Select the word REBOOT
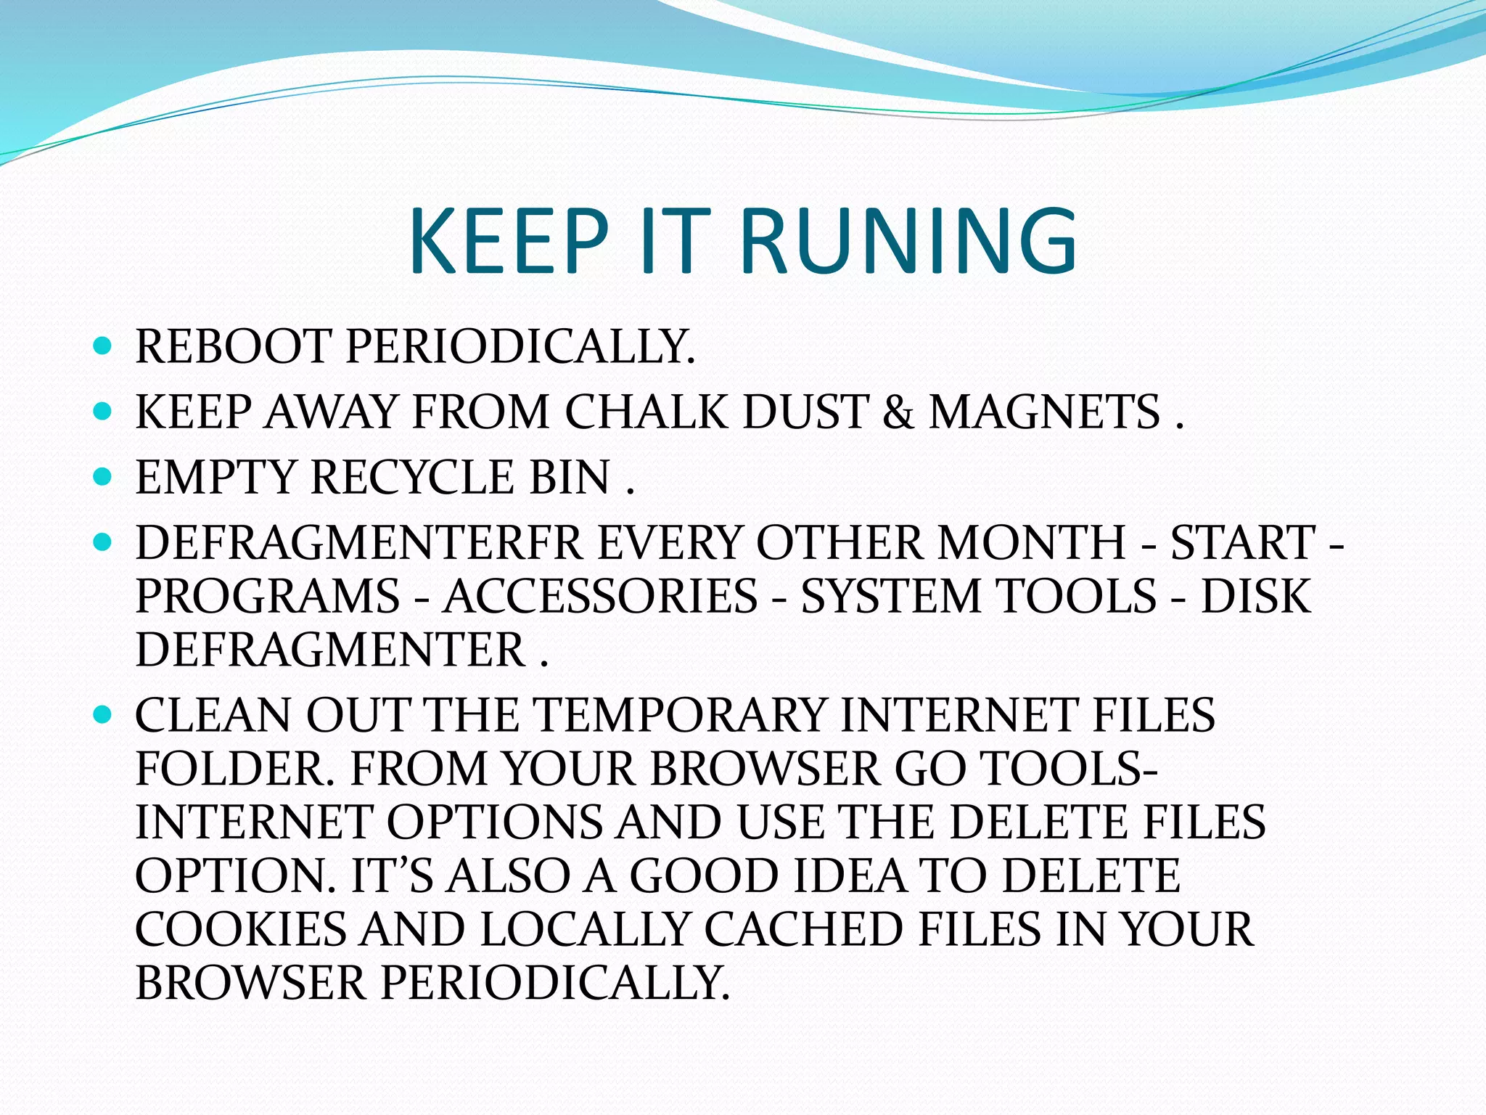point(233,346)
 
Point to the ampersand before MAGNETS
point(898,412)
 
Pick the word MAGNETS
point(1045,412)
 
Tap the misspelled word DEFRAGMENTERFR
point(359,543)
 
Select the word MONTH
point(1031,543)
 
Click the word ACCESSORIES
point(601,596)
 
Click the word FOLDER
point(235,768)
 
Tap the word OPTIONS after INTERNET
point(494,822)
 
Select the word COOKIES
point(241,929)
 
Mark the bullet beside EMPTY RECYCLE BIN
point(102,477)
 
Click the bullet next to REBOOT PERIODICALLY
point(102,346)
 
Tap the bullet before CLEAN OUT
point(102,714)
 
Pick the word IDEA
point(850,875)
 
